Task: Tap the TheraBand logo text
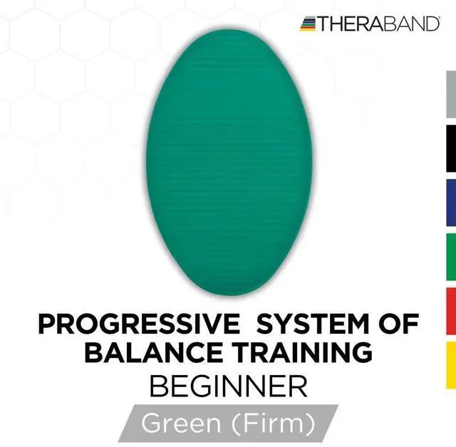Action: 378,24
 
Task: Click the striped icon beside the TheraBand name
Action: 308,24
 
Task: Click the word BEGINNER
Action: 228,387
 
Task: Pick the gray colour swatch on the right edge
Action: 451,94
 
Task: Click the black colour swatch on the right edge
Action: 451,149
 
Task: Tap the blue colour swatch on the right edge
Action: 451,203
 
